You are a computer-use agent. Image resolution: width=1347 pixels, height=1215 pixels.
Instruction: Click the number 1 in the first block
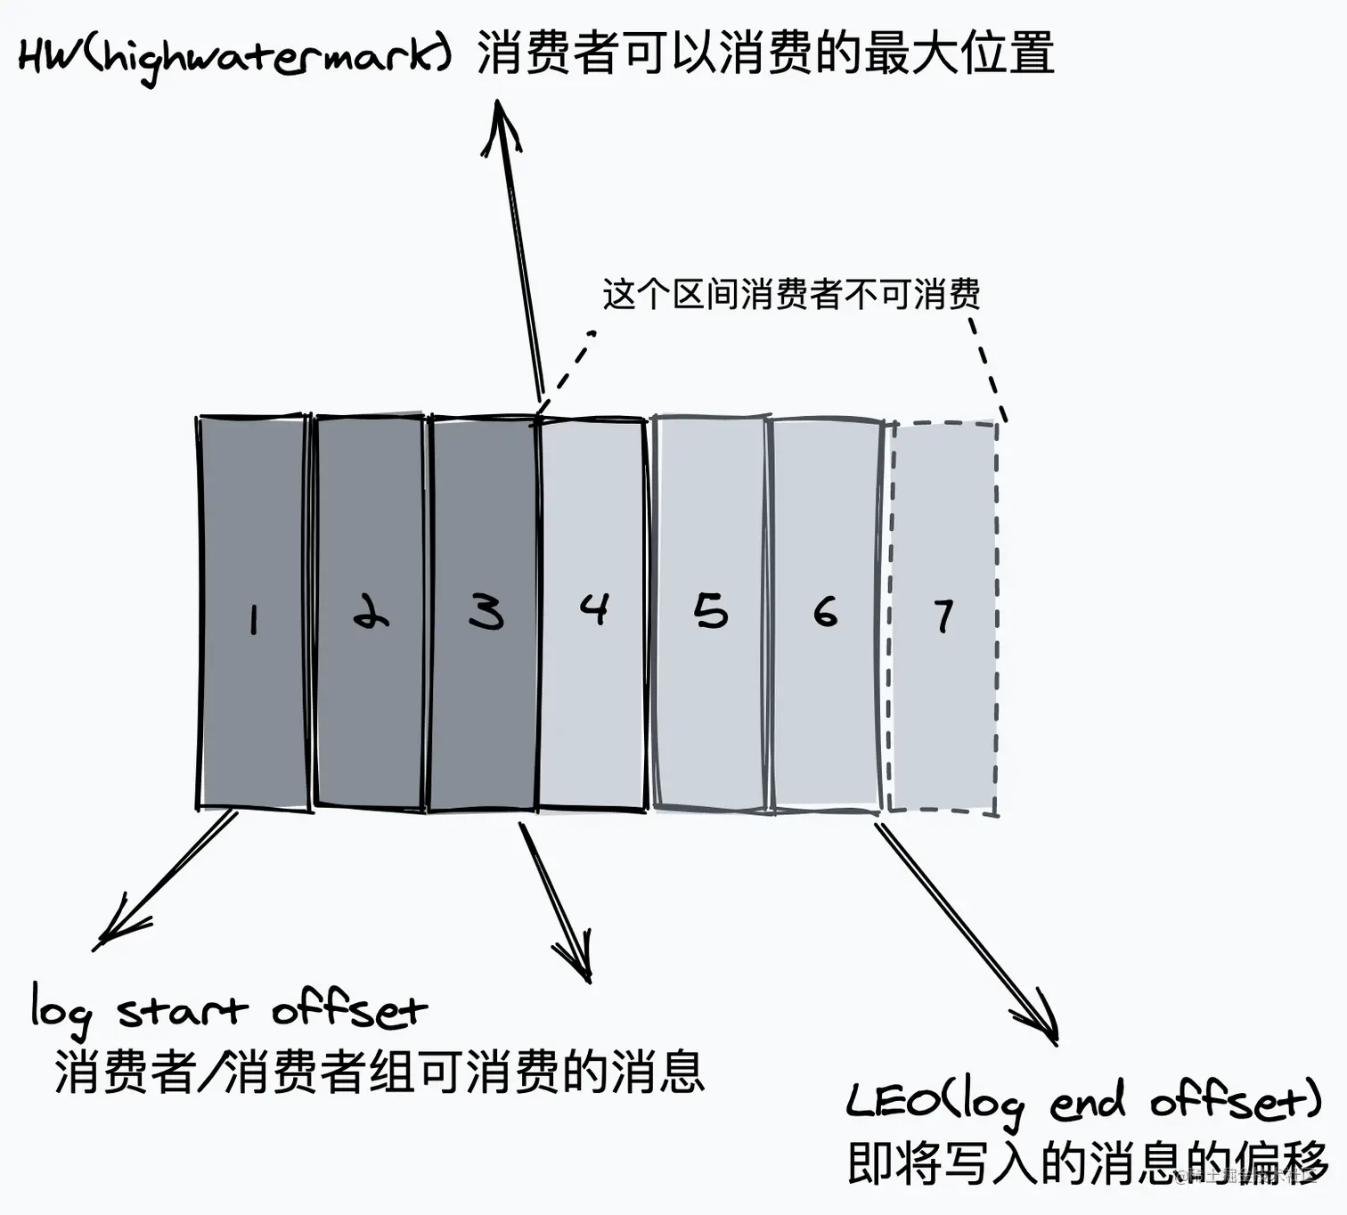(254, 618)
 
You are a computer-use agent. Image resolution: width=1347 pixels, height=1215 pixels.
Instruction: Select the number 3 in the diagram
(486, 612)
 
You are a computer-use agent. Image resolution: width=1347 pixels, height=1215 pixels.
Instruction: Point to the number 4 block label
(593, 608)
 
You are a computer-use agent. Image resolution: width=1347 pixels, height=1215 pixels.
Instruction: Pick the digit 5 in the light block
(711, 612)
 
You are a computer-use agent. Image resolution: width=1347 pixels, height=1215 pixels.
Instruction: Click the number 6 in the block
(826, 612)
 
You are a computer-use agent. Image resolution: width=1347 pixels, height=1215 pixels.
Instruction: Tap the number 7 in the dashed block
(943, 616)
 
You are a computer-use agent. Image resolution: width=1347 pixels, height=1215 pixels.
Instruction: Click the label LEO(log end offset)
(1083, 1103)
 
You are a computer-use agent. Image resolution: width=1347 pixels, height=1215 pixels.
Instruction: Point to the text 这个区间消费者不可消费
(791, 294)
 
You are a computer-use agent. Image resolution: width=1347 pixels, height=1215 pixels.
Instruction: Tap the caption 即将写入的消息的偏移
(1087, 1162)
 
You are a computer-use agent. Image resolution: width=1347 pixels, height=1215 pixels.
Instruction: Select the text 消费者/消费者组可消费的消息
(380, 1071)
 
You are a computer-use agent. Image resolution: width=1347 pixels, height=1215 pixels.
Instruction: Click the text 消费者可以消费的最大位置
(766, 53)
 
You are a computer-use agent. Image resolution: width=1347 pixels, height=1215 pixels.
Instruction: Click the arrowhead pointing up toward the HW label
(500, 120)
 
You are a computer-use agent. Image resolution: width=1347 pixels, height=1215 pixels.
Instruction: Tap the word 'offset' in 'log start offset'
(349, 1011)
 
